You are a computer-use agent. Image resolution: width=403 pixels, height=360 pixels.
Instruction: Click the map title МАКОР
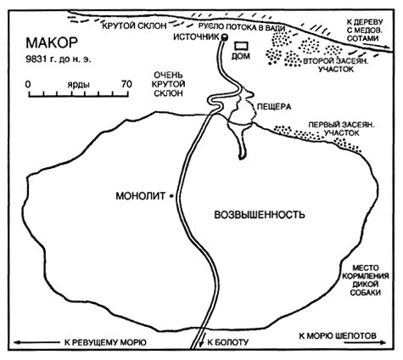[52, 43]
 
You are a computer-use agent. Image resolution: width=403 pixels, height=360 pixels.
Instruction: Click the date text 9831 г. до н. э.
[59, 59]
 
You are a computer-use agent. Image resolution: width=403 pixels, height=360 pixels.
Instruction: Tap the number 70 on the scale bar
[126, 84]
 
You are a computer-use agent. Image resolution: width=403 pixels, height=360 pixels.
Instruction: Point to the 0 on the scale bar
[28, 84]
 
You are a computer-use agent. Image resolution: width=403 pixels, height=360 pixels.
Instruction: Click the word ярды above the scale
[78, 85]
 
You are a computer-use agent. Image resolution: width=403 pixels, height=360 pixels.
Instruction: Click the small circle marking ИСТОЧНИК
[225, 37]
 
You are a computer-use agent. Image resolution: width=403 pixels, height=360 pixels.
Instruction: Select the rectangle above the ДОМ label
[242, 46]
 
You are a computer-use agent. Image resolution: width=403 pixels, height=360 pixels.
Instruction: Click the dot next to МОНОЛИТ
[171, 196]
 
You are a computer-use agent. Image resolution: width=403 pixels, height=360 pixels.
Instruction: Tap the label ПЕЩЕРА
[274, 107]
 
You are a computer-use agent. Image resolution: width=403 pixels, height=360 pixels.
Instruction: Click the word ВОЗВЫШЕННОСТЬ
[260, 215]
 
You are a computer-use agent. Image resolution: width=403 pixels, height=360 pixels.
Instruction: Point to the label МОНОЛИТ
[141, 196]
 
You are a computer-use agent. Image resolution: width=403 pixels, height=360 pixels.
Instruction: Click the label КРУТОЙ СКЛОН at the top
[134, 25]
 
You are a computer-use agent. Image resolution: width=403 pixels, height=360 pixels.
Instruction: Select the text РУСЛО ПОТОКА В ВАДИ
[241, 27]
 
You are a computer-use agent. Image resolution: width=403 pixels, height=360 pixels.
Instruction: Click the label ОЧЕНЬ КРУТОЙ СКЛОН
[169, 84]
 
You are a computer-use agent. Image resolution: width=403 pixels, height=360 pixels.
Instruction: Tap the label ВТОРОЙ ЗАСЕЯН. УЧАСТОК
[336, 65]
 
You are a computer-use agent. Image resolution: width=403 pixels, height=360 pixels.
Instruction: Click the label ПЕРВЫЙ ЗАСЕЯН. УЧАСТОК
[341, 129]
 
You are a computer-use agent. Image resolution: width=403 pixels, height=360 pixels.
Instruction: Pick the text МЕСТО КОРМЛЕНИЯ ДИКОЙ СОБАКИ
[366, 280]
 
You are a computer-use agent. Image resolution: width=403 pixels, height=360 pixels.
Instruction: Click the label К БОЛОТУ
[228, 342]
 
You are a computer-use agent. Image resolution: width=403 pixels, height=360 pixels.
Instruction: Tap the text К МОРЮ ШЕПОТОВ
[338, 336]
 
